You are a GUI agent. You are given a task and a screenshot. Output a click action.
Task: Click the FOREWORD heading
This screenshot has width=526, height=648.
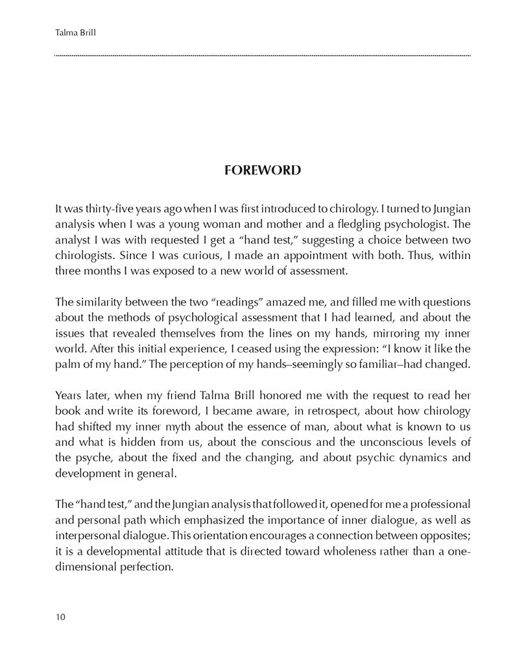pos(262,170)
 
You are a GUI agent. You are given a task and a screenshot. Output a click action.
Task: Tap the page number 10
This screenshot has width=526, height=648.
pos(60,616)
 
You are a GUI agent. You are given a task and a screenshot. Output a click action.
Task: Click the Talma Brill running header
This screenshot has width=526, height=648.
pos(75,31)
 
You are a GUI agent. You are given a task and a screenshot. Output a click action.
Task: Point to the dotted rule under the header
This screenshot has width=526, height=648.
pos(262,56)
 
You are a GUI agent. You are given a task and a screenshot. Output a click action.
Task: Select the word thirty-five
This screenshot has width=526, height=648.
pos(104,209)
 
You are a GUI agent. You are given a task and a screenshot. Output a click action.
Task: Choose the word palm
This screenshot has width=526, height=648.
pos(71,364)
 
